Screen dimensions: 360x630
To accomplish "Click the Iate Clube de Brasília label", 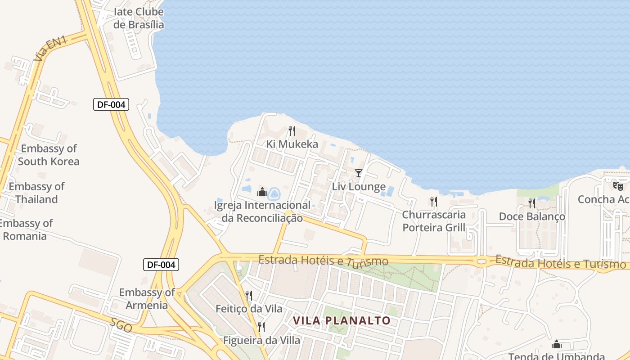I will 138,18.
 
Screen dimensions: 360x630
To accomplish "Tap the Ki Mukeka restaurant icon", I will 292,131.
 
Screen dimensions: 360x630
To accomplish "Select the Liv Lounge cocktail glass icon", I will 359,173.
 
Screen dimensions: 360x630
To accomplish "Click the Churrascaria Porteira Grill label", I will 434,221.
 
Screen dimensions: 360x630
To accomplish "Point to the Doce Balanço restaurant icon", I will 532,203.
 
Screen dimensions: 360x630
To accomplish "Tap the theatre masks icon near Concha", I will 618,185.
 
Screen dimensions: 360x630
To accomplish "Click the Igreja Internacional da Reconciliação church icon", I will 262,192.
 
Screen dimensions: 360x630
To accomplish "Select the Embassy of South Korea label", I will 49,155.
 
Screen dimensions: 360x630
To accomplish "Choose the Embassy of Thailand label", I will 37,193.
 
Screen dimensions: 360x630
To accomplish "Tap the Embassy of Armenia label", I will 147,299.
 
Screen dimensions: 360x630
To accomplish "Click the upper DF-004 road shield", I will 111,105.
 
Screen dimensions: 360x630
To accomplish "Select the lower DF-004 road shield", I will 161,265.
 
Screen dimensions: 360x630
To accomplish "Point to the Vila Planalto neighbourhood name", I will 342,320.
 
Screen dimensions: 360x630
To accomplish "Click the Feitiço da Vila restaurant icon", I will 248,295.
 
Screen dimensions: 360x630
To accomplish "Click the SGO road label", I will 121,325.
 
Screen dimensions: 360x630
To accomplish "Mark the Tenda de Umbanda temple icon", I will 557,345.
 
